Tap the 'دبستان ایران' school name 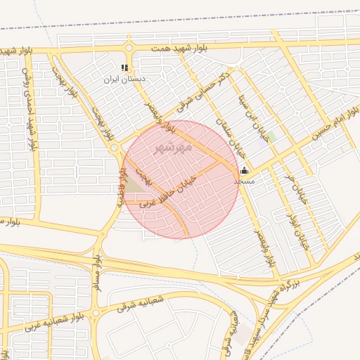[x=124, y=79]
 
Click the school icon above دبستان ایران [x=124, y=68]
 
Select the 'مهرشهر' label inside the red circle [x=172, y=149]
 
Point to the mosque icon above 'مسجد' [x=244, y=169]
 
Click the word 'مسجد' [x=244, y=181]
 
